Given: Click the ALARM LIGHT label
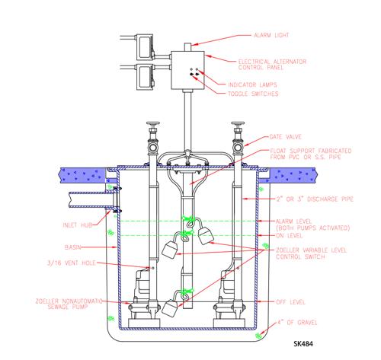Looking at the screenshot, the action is point(271,35).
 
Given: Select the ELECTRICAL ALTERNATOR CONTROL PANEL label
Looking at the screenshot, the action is point(272,65).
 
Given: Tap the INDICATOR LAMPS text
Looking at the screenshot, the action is point(252,84).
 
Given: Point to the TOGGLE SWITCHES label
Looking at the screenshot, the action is point(253,94).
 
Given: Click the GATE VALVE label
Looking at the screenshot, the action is point(286,137).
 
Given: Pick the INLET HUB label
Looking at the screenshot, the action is point(78,225).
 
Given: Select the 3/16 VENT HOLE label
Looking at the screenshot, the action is point(72,263).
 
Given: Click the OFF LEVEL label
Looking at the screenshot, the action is point(290,302).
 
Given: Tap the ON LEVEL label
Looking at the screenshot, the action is point(289,236).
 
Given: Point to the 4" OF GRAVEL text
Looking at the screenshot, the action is point(297,323).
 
